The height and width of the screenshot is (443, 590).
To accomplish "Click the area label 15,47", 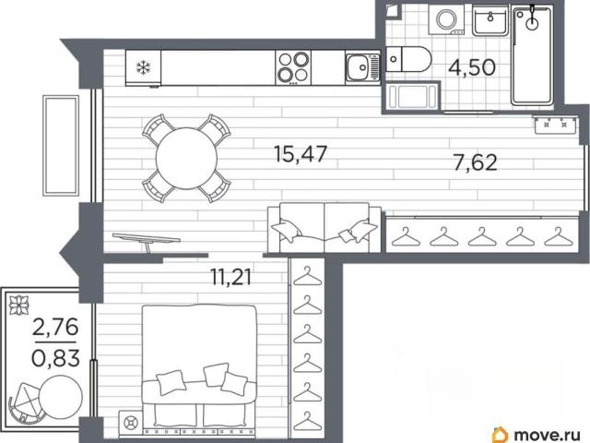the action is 301,154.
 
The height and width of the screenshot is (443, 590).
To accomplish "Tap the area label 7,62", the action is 476,162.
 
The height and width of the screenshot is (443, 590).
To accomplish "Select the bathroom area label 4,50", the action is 472,67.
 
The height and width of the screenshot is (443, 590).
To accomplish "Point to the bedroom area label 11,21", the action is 230,278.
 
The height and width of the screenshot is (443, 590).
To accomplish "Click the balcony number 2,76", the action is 55,327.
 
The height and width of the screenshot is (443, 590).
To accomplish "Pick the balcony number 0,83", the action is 55,358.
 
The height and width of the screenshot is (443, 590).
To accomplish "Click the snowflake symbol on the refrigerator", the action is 144,68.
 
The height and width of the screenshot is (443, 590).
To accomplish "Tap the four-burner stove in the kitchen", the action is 293,68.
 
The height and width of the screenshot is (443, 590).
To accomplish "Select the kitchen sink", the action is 362,67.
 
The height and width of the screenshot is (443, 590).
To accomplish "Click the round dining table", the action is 186,158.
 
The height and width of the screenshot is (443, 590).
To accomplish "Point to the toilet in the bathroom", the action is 407,59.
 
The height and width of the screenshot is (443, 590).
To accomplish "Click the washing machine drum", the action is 446,18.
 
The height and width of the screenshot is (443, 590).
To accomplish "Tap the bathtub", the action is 532,55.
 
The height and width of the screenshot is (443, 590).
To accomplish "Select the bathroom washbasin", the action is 490,20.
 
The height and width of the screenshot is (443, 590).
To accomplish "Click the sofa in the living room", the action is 324,228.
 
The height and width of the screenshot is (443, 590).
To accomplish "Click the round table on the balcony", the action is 61,396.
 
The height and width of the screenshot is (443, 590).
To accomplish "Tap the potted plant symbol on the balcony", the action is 19,305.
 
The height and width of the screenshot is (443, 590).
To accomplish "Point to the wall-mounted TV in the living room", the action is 146,240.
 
